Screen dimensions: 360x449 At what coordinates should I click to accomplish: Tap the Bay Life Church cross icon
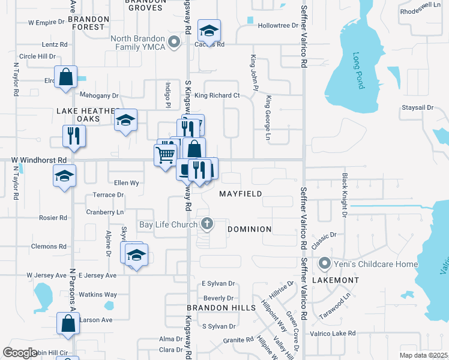click(x=207, y=224)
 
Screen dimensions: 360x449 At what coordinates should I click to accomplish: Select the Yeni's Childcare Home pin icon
click(x=325, y=263)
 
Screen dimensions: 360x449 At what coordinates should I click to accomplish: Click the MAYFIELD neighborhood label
click(x=240, y=194)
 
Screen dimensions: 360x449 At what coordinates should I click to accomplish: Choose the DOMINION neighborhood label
click(x=250, y=229)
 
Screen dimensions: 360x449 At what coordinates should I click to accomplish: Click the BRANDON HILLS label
click(x=212, y=307)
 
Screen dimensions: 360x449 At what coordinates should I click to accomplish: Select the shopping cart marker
click(x=164, y=155)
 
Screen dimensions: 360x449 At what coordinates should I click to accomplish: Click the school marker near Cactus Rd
click(x=209, y=30)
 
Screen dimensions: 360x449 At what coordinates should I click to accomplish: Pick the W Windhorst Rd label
click(x=38, y=160)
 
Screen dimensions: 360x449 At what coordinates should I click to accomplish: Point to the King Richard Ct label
click(x=217, y=95)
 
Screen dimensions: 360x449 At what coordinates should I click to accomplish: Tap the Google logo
click(x=20, y=352)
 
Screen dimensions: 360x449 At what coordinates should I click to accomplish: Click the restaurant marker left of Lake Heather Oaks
click(x=74, y=136)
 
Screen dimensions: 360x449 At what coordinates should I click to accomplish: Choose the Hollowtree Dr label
click(x=278, y=26)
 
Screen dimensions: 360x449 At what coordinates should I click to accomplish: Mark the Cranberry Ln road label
click(x=104, y=212)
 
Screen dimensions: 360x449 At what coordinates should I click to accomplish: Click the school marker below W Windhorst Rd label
click(x=64, y=176)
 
